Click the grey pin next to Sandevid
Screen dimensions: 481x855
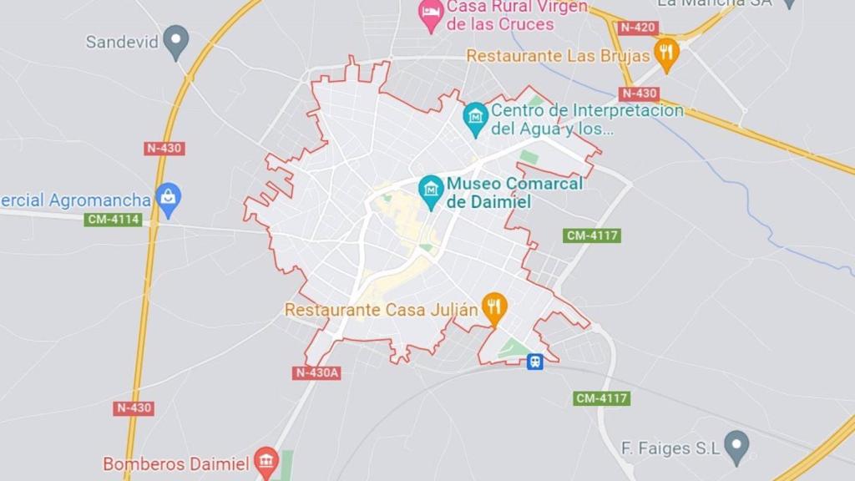175,40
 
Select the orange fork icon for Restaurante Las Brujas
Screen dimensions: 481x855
665,53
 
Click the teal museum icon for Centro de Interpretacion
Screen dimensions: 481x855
475,119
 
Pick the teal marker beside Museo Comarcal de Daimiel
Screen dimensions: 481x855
431,190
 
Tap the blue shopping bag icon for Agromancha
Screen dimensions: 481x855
169,199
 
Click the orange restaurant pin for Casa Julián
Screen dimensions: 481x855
494,308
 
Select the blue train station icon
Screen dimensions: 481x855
534,362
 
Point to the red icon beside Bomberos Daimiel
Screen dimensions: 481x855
266,462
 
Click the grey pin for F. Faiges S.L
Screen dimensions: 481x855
736,447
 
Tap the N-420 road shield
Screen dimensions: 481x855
639,28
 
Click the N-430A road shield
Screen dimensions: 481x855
317,372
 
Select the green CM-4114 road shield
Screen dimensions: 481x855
114,220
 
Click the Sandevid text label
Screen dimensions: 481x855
122,42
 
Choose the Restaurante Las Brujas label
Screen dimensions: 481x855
558,56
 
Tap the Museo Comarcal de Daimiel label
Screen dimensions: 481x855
514,192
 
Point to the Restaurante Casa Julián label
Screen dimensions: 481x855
382,310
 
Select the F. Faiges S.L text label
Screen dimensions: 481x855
670,448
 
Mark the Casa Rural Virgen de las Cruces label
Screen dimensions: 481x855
500,15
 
